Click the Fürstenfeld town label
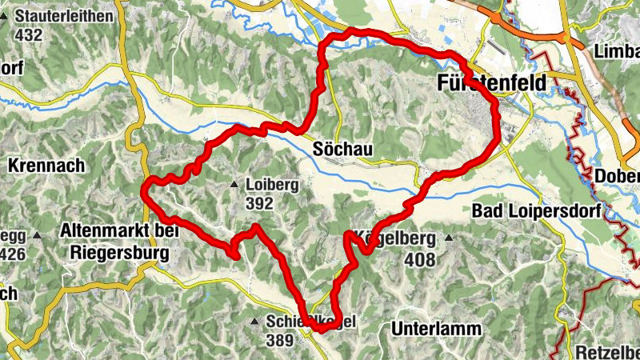(x=491, y=82)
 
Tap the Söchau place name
(x=344, y=150)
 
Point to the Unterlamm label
(x=436, y=329)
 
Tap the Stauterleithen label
(x=63, y=15)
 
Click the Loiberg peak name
(x=273, y=185)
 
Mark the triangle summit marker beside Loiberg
(x=234, y=185)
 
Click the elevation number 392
(x=259, y=204)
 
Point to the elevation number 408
(x=419, y=259)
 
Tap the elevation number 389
(x=280, y=340)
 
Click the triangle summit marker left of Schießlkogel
(x=254, y=322)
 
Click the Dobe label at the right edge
(x=617, y=176)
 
